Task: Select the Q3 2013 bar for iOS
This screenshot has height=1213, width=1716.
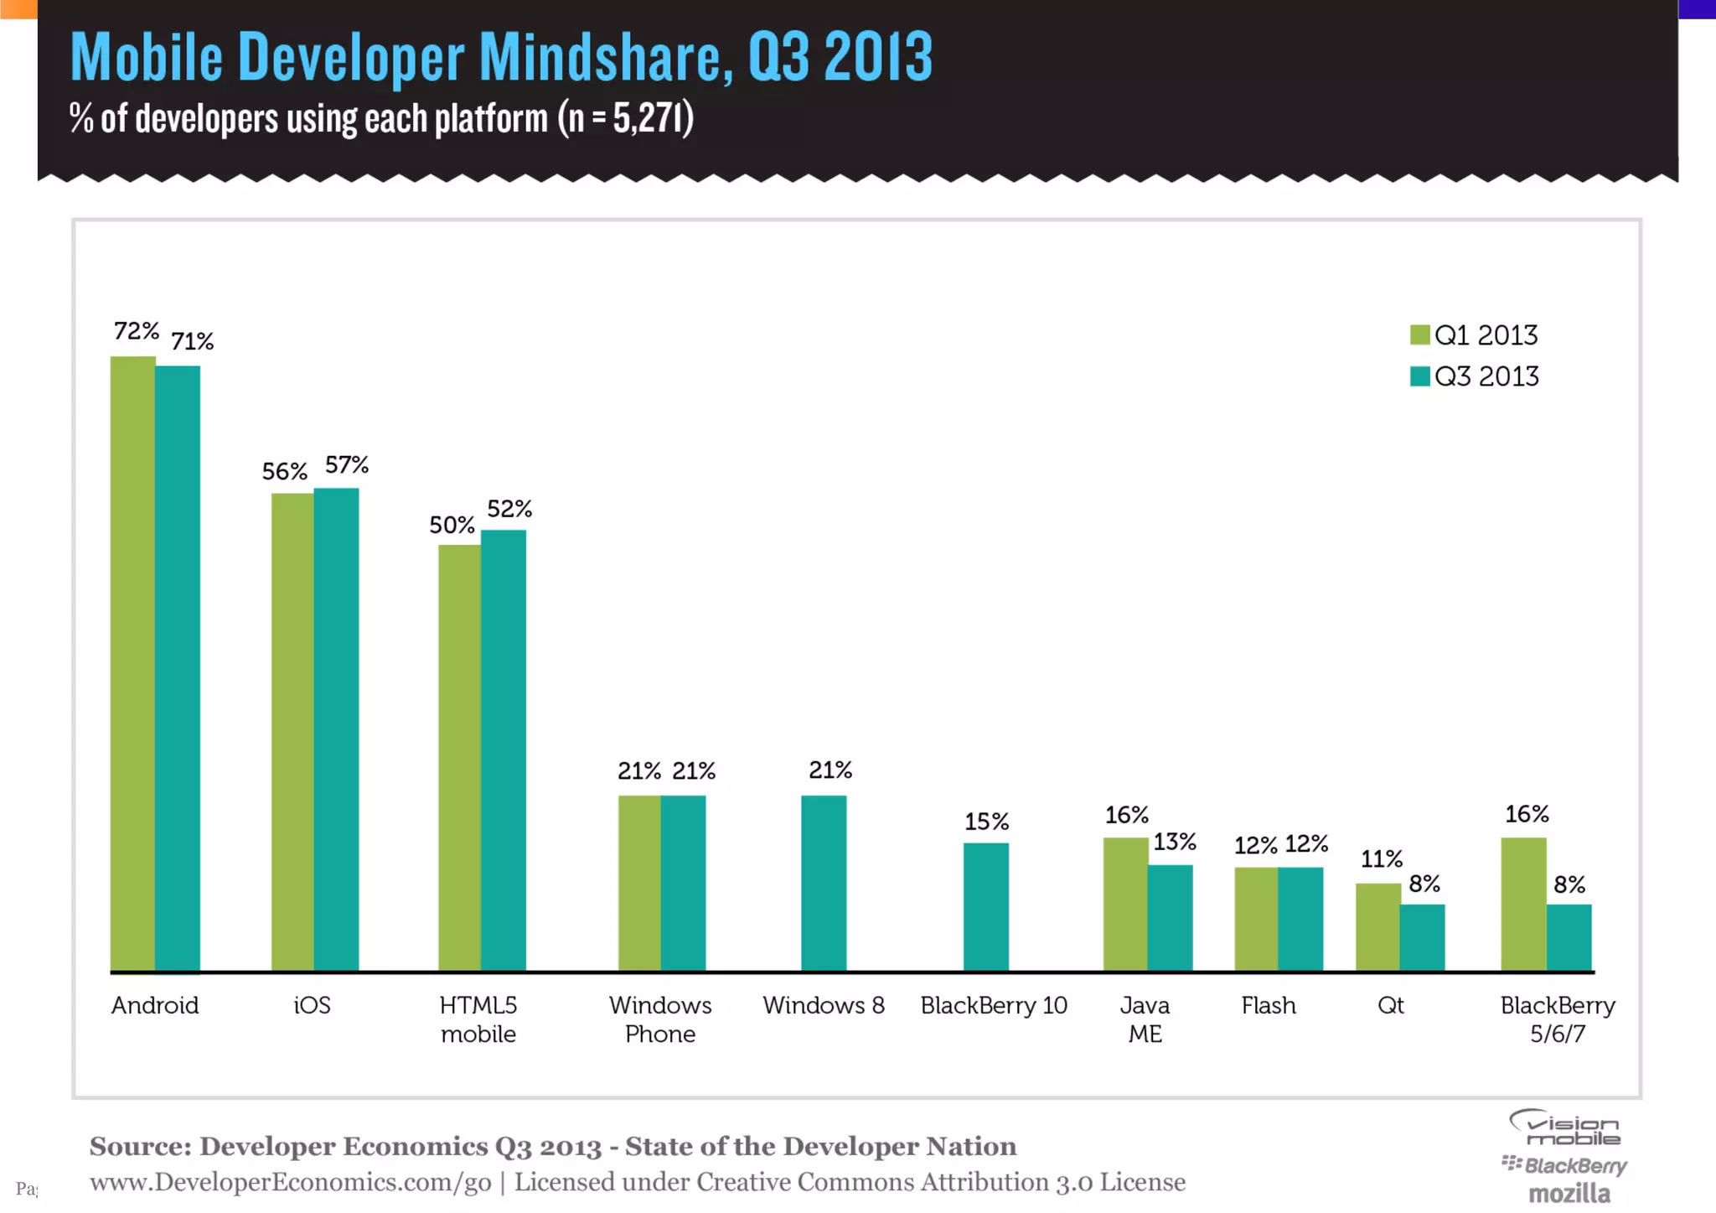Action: tap(336, 729)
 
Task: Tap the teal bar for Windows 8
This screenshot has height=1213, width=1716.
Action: tap(824, 884)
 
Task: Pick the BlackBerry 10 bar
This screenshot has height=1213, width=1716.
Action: tap(985, 907)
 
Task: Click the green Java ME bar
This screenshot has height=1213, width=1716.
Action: tap(1125, 905)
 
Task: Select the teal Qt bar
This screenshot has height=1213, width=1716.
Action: tap(1423, 938)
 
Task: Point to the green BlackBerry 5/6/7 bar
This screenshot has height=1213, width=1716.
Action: tap(1523, 905)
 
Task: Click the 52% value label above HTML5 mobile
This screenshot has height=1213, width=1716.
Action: tap(509, 509)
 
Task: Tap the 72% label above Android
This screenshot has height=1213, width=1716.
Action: tap(137, 331)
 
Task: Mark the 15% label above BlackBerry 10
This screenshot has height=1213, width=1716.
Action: tap(986, 822)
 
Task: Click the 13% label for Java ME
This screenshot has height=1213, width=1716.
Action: tap(1175, 842)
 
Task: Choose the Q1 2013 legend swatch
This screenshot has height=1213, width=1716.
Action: tap(1419, 335)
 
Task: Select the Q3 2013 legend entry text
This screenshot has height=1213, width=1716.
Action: tap(1486, 376)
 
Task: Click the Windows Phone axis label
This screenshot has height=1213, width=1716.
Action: tap(660, 1019)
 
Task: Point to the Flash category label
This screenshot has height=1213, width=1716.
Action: tap(1269, 1005)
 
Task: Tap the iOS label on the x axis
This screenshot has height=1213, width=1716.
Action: tap(312, 1005)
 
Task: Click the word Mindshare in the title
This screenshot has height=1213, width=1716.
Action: tap(601, 57)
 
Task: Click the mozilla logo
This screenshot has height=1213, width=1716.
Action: tap(1569, 1193)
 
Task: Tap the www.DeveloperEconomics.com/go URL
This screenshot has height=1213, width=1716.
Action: tap(291, 1182)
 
